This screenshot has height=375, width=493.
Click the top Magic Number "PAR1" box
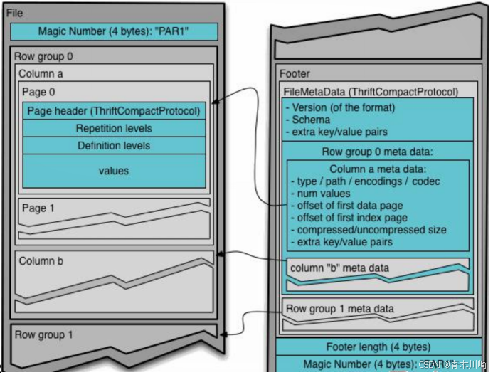[114, 32]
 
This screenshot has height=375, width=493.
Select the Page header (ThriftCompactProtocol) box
[114, 111]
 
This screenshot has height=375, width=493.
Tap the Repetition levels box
[114, 129]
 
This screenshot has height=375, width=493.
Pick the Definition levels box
[114, 146]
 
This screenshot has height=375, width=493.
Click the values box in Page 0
[114, 171]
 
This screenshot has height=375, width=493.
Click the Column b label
[41, 261]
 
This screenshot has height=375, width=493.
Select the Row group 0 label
[43, 56]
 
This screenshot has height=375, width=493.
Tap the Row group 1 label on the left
[43, 334]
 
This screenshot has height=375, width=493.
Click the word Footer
[295, 73]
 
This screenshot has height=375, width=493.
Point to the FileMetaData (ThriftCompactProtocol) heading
[371, 92]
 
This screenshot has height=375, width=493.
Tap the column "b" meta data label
[340, 268]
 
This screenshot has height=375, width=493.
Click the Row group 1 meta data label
[339, 309]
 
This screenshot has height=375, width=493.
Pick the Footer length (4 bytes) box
[378, 347]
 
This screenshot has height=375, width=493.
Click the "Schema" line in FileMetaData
[311, 120]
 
